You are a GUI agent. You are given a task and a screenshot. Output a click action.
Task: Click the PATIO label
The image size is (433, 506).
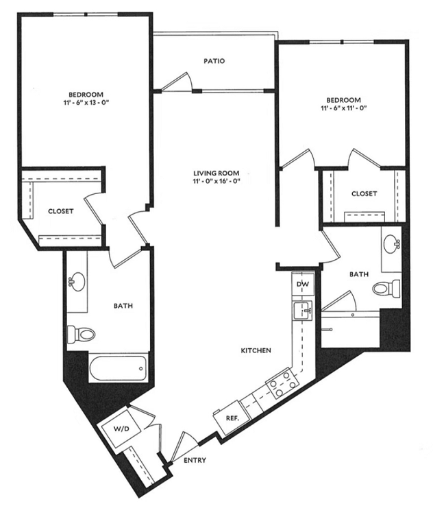(214, 61)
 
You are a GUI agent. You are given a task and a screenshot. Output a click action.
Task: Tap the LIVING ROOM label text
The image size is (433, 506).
(216, 173)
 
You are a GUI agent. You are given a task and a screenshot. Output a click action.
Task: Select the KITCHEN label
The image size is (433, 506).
(256, 350)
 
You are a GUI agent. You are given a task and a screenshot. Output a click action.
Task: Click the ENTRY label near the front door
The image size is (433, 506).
(195, 461)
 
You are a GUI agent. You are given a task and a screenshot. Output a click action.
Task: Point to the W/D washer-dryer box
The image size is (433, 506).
(121, 429)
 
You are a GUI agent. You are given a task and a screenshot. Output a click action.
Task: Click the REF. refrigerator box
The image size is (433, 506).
(232, 418)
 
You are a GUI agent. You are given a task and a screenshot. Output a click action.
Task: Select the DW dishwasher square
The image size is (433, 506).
(303, 285)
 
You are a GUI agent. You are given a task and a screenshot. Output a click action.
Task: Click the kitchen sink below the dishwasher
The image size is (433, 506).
(302, 311)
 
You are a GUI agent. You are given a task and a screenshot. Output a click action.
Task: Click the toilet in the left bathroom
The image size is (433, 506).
(81, 334)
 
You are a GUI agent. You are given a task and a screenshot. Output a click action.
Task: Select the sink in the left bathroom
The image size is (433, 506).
(77, 281)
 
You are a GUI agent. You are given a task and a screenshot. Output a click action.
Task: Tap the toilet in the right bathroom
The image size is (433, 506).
(386, 288)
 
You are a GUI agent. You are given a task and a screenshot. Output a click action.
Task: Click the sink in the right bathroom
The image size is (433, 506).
(391, 243)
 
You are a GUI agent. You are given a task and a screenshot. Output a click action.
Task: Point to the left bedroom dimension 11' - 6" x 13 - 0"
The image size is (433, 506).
(86, 103)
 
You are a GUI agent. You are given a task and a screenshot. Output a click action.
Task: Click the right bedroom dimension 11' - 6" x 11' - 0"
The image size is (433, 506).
(344, 108)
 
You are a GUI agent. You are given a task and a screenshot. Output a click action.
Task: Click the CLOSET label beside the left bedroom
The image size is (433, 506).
(60, 211)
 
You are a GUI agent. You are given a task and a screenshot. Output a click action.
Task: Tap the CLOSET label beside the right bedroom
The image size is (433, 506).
(364, 193)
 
